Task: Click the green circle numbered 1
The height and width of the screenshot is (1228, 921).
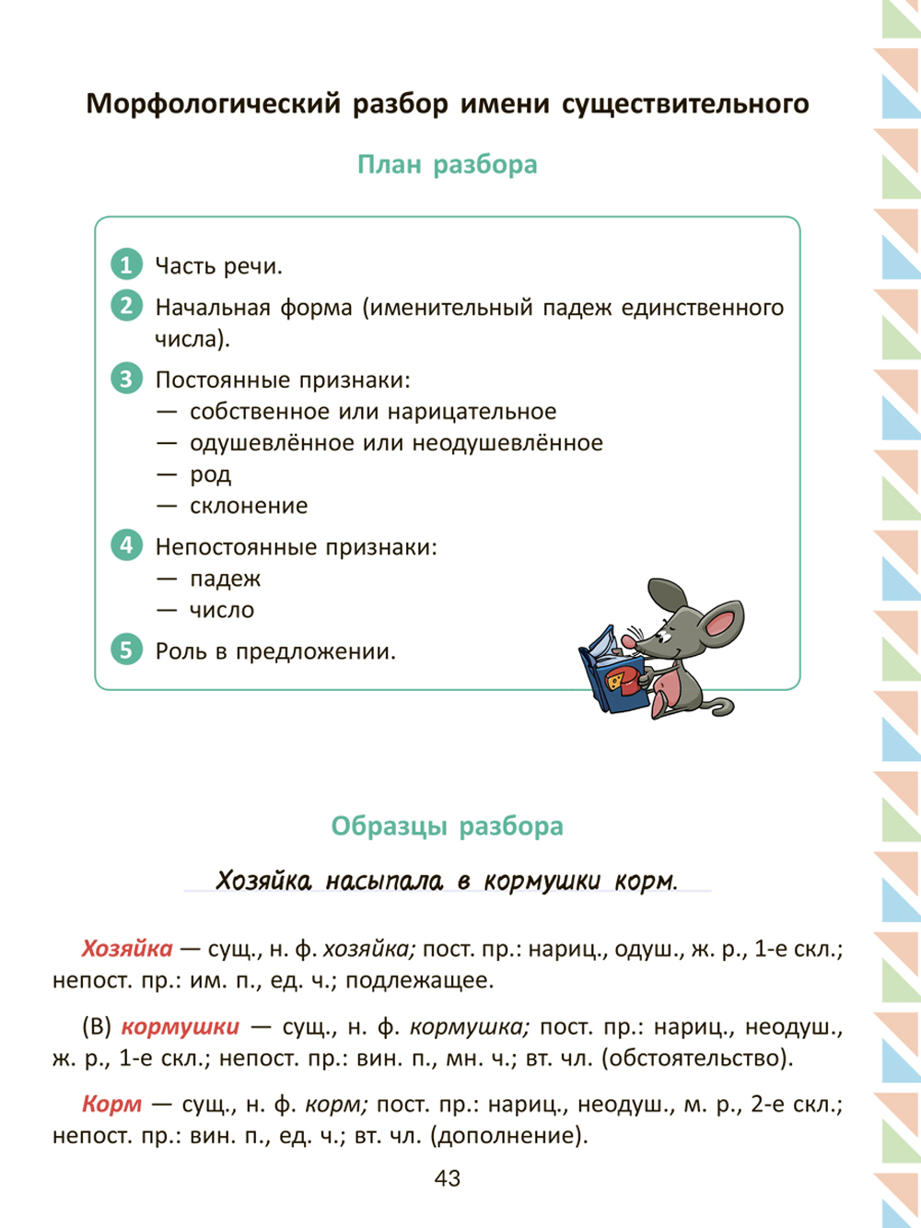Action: tap(126, 264)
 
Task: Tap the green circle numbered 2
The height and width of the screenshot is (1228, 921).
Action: tap(126, 305)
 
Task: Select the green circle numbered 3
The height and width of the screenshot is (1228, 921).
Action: tap(126, 378)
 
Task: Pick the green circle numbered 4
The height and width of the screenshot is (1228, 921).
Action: tap(126, 544)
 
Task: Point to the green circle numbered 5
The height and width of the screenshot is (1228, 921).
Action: tap(126, 649)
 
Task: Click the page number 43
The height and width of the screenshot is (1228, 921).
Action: tap(448, 1178)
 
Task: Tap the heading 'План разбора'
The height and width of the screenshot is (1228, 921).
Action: tap(448, 165)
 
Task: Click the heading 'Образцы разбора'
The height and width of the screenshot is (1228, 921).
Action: tap(448, 825)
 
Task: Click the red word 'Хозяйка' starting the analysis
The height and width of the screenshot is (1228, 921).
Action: tap(127, 948)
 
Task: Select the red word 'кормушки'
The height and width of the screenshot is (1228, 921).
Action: tap(181, 1026)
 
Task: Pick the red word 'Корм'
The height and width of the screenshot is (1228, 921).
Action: tap(112, 1104)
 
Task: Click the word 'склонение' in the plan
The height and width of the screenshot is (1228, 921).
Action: tap(249, 506)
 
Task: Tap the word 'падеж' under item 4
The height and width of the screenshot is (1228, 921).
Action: tap(226, 579)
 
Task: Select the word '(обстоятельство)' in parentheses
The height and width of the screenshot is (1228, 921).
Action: tap(697, 1058)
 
